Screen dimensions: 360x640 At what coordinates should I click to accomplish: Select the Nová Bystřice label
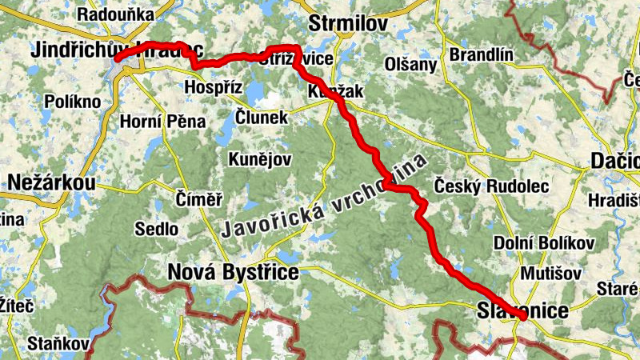[233, 274]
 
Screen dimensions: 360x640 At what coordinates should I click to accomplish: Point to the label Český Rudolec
[490, 186]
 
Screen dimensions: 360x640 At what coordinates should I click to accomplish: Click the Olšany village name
[411, 64]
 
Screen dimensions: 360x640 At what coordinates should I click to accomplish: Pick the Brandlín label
[481, 54]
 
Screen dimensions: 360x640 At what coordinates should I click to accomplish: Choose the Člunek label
[262, 117]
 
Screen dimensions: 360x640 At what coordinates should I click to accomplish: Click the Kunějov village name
[260, 158]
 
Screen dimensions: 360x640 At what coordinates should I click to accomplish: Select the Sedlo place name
[157, 229]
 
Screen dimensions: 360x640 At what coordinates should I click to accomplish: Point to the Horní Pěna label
[162, 122]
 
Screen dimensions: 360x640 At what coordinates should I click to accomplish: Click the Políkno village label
[74, 102]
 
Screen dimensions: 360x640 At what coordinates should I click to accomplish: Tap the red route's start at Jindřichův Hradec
[117, 58]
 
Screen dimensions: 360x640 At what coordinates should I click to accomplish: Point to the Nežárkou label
[51, 183]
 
